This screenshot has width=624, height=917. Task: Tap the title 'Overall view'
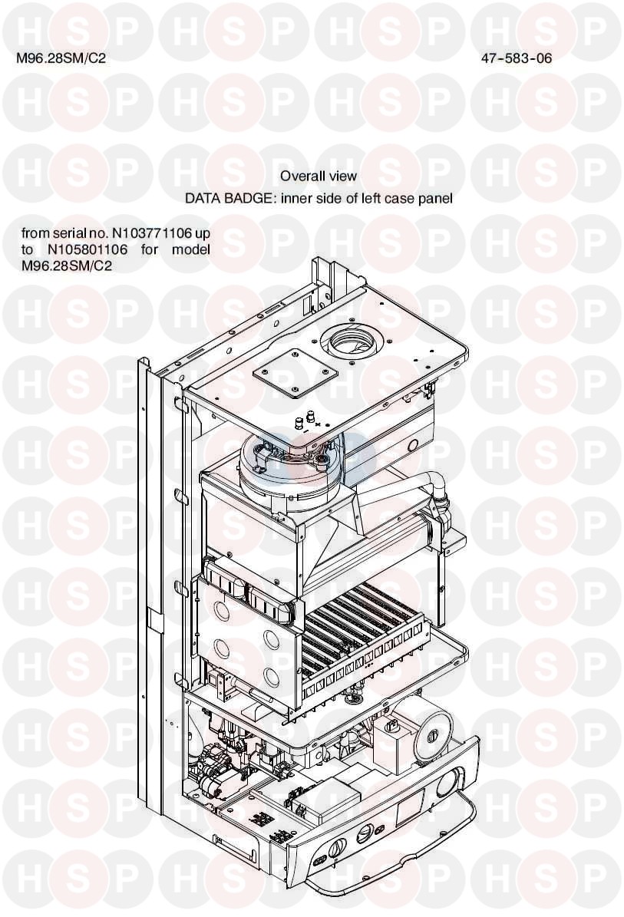click(318, 176)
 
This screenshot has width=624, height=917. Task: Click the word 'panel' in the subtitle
click(435, 198)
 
